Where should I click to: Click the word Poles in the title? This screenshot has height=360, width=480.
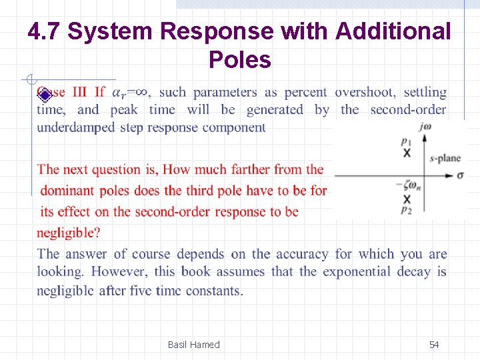click(x=239, y=60)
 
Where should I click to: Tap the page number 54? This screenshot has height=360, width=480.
click(x=434, y=344)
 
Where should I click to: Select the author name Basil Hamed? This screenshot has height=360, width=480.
click(x=193, y=344)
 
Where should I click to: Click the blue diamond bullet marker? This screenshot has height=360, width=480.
click(x=44, y=94)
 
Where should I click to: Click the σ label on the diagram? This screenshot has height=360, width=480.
click(x=460, y=175)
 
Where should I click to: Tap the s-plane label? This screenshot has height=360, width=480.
click(x=445, y=158)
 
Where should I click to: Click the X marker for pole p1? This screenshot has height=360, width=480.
click(x=407, y=153)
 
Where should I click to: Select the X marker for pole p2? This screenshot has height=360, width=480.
click(x=407, y=199)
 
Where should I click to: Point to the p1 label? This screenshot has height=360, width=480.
click(x=406, y=141)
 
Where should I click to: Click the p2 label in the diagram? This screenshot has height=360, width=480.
click(x=406, y=209)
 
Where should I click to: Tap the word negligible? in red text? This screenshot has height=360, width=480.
click(x=69, y=233)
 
